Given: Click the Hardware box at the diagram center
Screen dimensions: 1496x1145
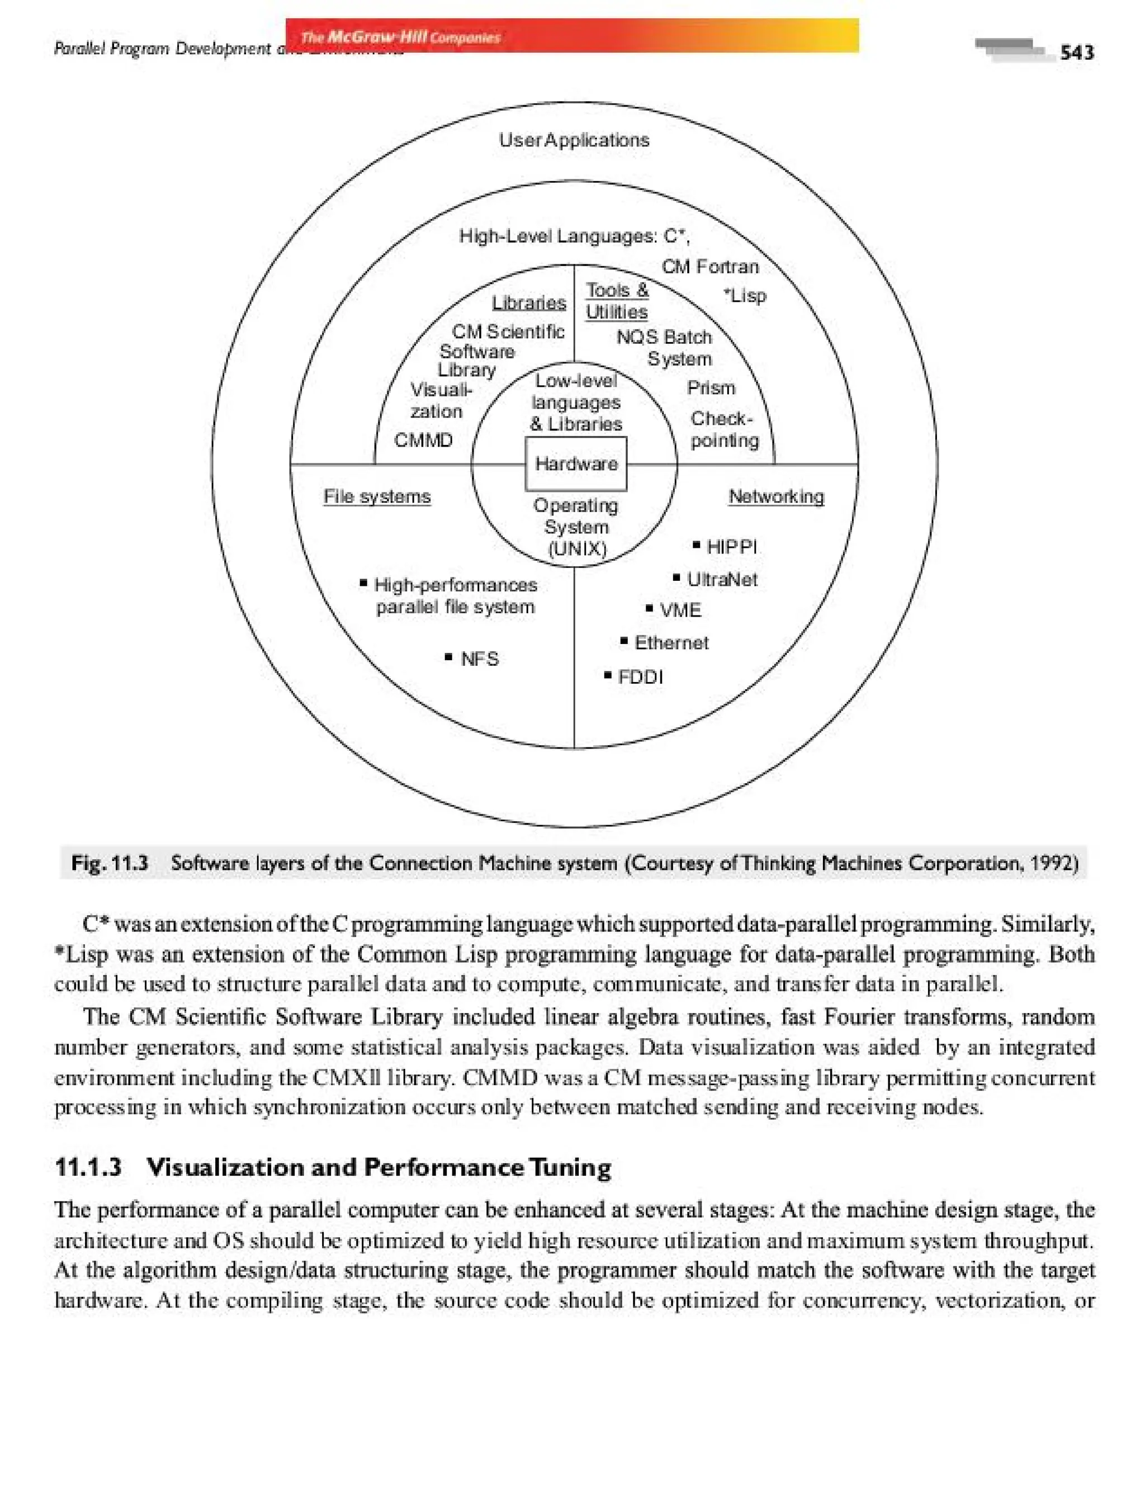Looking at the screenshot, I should (576, 464).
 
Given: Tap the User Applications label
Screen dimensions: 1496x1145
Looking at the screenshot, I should (574, 140).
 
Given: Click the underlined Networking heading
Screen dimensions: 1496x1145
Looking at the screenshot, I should (776, 496).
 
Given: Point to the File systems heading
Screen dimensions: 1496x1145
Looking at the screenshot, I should (377, 496).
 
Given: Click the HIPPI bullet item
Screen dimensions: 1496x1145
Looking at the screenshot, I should (731, 547).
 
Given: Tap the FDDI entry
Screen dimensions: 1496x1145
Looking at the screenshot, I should (639, 677).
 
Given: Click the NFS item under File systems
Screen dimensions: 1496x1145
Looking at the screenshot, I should (479, 659).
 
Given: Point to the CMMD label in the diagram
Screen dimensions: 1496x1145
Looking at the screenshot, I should (423, 441).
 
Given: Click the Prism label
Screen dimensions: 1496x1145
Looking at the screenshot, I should (711, 388).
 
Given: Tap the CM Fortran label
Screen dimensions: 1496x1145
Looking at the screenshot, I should (709, 267).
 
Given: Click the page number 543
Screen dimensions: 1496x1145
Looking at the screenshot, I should (1077, 53).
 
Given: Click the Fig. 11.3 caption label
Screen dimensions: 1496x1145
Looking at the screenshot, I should (110, 864).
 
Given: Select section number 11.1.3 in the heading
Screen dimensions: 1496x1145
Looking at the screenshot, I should (88, 1167).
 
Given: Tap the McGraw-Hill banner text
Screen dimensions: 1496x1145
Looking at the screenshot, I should (401, 37).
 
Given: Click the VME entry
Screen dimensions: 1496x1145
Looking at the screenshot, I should (679, 610).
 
